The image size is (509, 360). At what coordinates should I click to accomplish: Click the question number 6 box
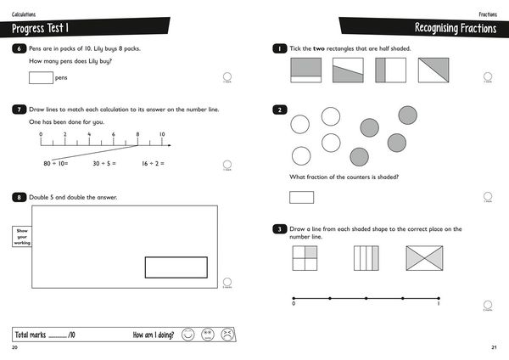point(19,48)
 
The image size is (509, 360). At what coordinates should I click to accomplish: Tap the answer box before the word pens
point(41,78)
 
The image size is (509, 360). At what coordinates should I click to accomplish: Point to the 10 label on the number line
point(162,135)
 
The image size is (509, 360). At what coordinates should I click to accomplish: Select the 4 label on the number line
point(89,135)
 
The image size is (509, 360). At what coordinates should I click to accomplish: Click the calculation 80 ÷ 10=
point(56,163)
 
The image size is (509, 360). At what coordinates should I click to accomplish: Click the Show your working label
point(21,236)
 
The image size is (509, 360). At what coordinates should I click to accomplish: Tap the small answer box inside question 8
point(176,267)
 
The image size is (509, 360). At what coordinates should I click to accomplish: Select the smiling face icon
point(187,335)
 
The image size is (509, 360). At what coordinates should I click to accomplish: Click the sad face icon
point(227,335)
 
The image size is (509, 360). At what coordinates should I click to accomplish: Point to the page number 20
point(14,348)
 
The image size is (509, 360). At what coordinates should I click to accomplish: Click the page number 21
point(495,348)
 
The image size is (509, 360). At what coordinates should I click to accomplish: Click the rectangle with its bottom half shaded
point(306,70)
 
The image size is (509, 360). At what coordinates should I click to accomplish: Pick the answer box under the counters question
point(301,197)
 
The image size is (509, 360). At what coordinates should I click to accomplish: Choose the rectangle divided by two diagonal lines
point(424,259)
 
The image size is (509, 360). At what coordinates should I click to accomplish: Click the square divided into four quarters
point(305,259)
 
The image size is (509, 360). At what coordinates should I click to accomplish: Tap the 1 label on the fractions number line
point(439,304)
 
